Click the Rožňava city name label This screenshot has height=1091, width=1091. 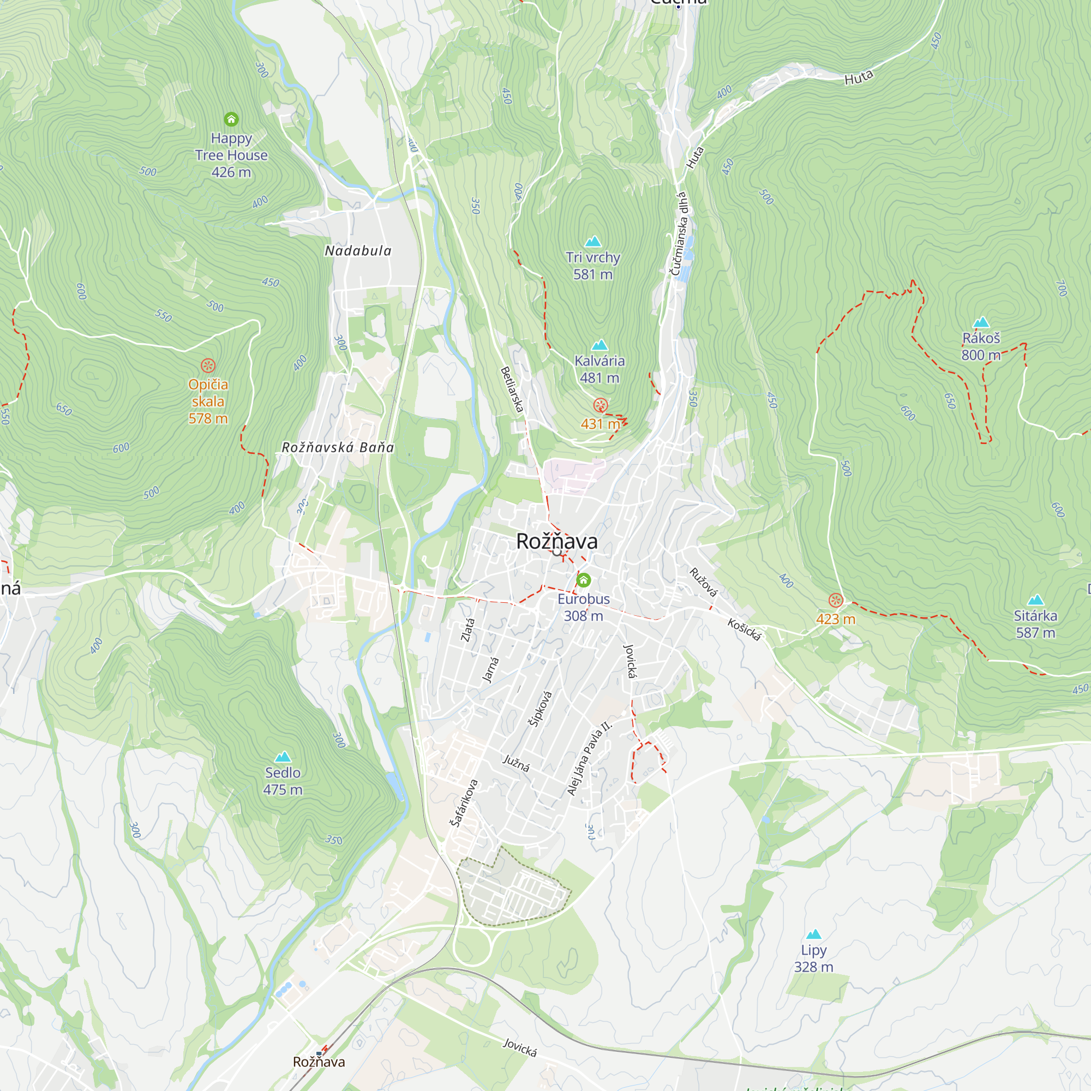[x=556, y=542]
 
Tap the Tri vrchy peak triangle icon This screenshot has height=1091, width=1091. [x=593, y=242]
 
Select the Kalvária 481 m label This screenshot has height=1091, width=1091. [x=599, y=369]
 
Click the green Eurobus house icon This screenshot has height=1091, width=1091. [x=583, y=580]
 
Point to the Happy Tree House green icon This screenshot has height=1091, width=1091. [x=231, y=119]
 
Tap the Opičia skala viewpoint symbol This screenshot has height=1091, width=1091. [x=208, y=365]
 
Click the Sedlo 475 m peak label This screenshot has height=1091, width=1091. [x=283, y=781]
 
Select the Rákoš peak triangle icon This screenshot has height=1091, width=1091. [x=981, y=322]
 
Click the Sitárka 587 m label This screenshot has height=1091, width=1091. [x=1035, y=624]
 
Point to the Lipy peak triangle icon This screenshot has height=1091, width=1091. [x=813, y=934]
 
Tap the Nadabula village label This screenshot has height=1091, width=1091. [x=357, y=251]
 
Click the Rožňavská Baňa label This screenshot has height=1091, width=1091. [x=338, y=447]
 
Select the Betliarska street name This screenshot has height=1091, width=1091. [x=512, y=389]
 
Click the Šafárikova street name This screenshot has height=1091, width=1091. [x=464, y=803]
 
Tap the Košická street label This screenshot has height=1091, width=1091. [x=744, y=630]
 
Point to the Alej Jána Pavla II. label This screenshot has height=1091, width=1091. [x=589, y=758]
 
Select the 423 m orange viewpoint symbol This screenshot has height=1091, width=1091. [x=835, y=600]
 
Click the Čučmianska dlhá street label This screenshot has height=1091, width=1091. [x=679, y=233]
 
